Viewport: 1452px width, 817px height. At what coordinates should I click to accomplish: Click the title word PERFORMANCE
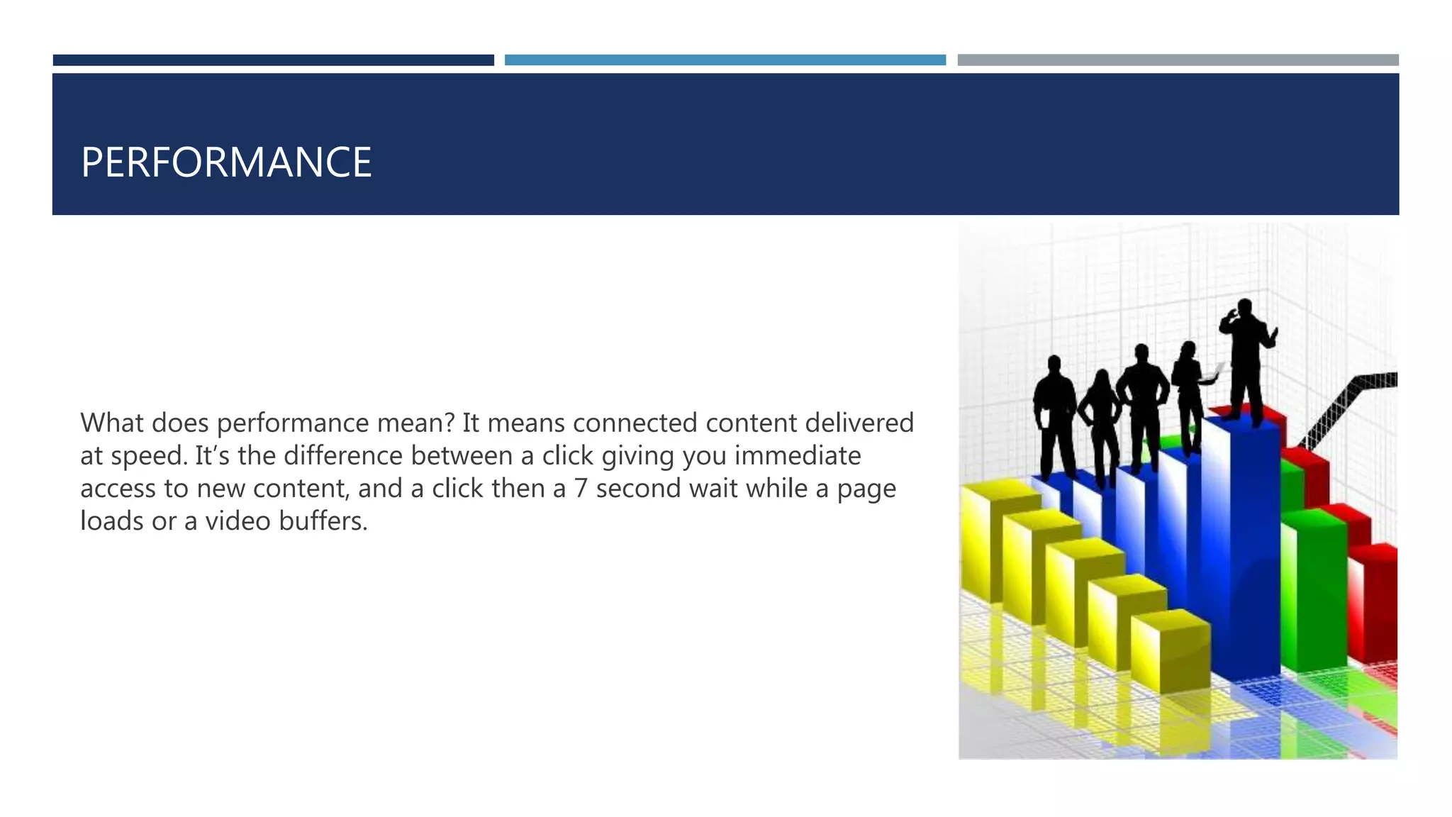pyautogui.click(x=226, y=162)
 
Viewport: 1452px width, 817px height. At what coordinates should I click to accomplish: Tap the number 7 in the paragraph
pyautogui.click(x=581, y=489)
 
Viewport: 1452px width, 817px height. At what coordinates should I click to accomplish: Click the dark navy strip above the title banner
pyautogui.click(x=273, y=60)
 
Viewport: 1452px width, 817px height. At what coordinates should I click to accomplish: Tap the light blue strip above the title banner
pyautogui.click(x=725, y=60)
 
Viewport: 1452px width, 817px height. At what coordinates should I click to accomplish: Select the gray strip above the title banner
pyautogui.click(x=1178, y=60)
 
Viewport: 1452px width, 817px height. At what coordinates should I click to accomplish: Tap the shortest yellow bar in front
pyautogui.click(x=1170, y=652)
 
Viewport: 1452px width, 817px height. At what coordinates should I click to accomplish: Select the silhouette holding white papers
pyautogui.click(x=1191, y=390)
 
